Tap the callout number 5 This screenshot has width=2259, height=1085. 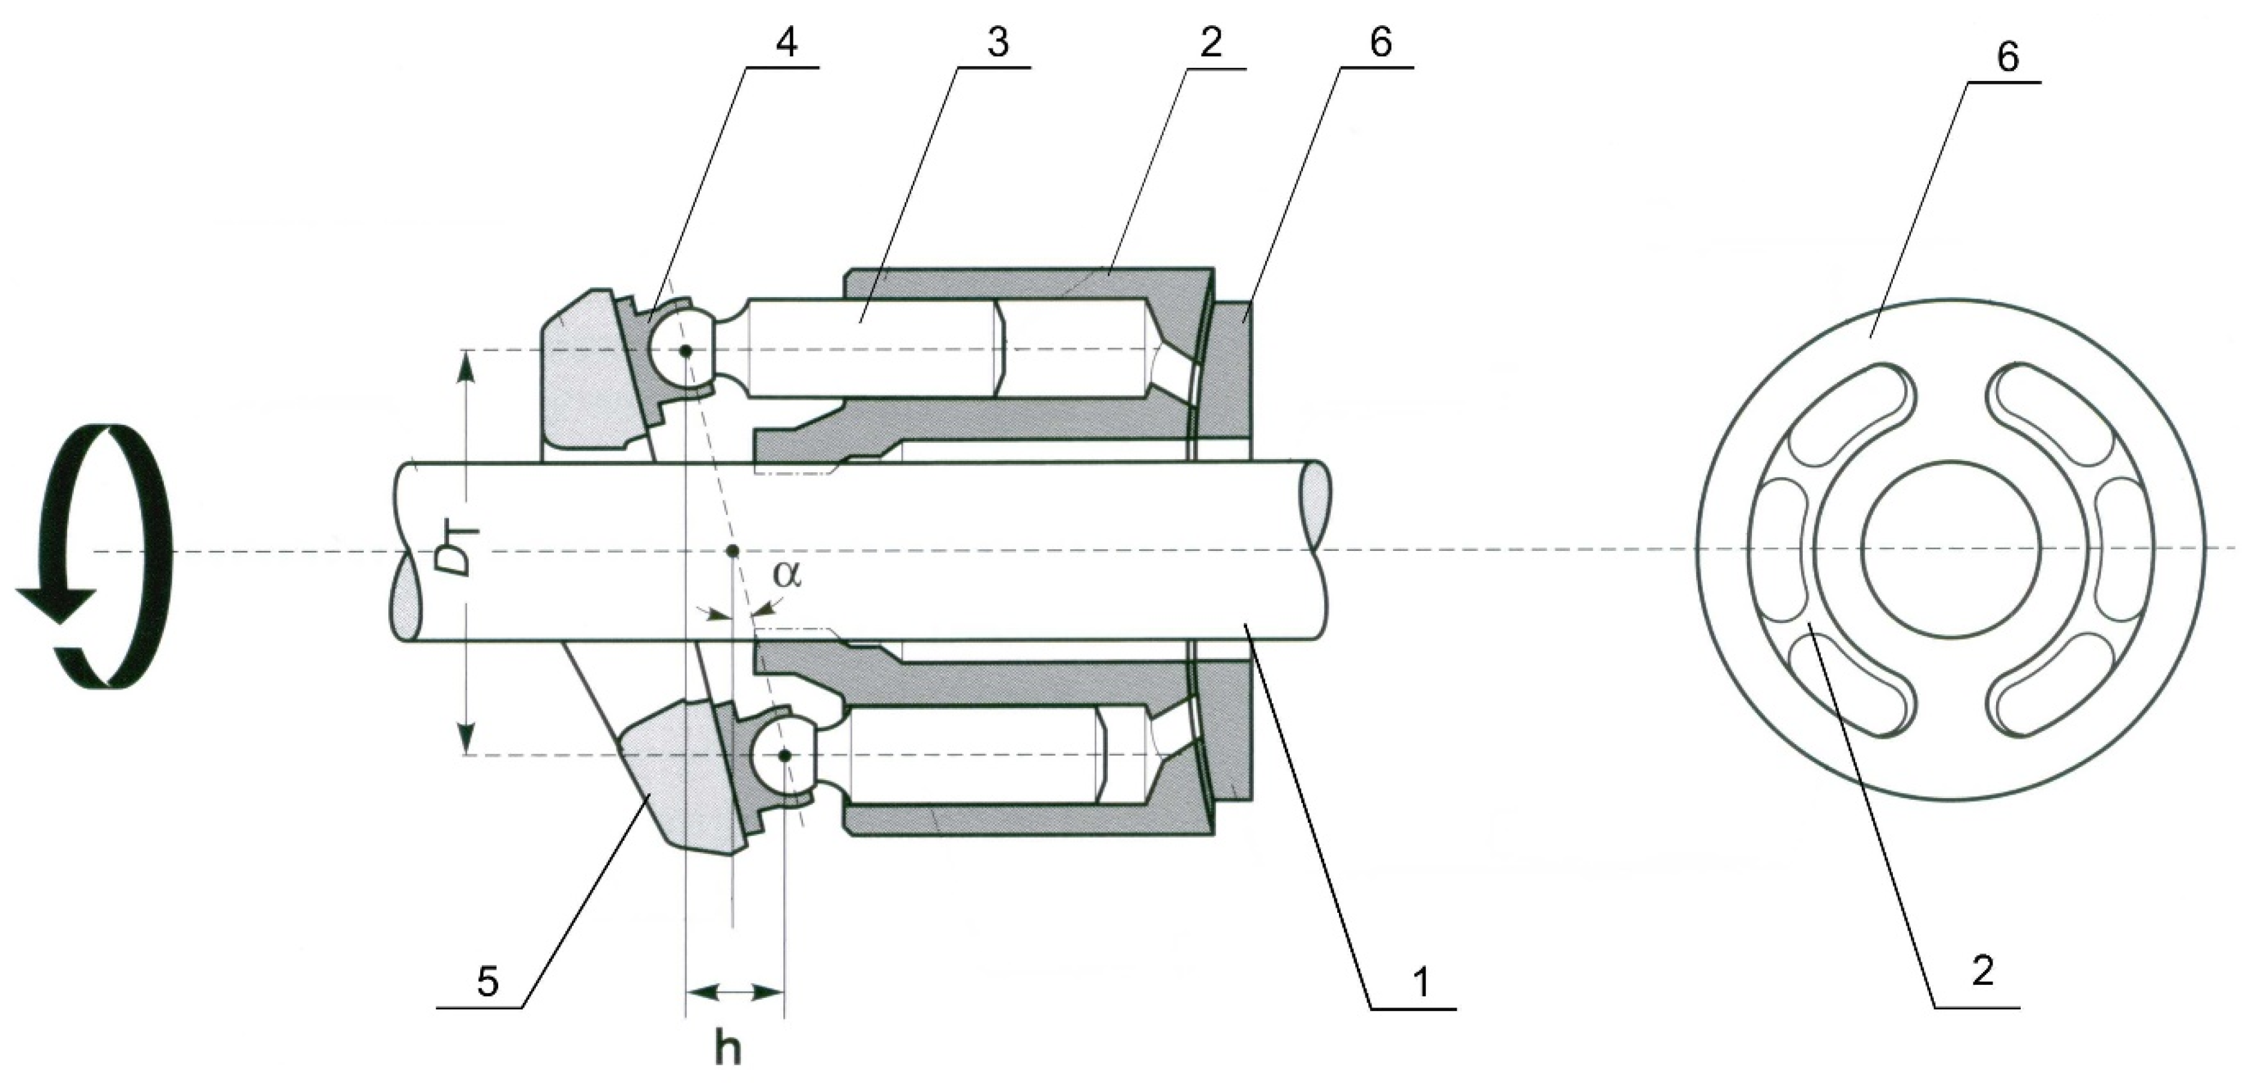(x=487, y=982)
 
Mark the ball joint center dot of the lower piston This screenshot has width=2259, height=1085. (x=785, y=755)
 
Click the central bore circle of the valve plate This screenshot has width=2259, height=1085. (x=1951, y=549)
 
